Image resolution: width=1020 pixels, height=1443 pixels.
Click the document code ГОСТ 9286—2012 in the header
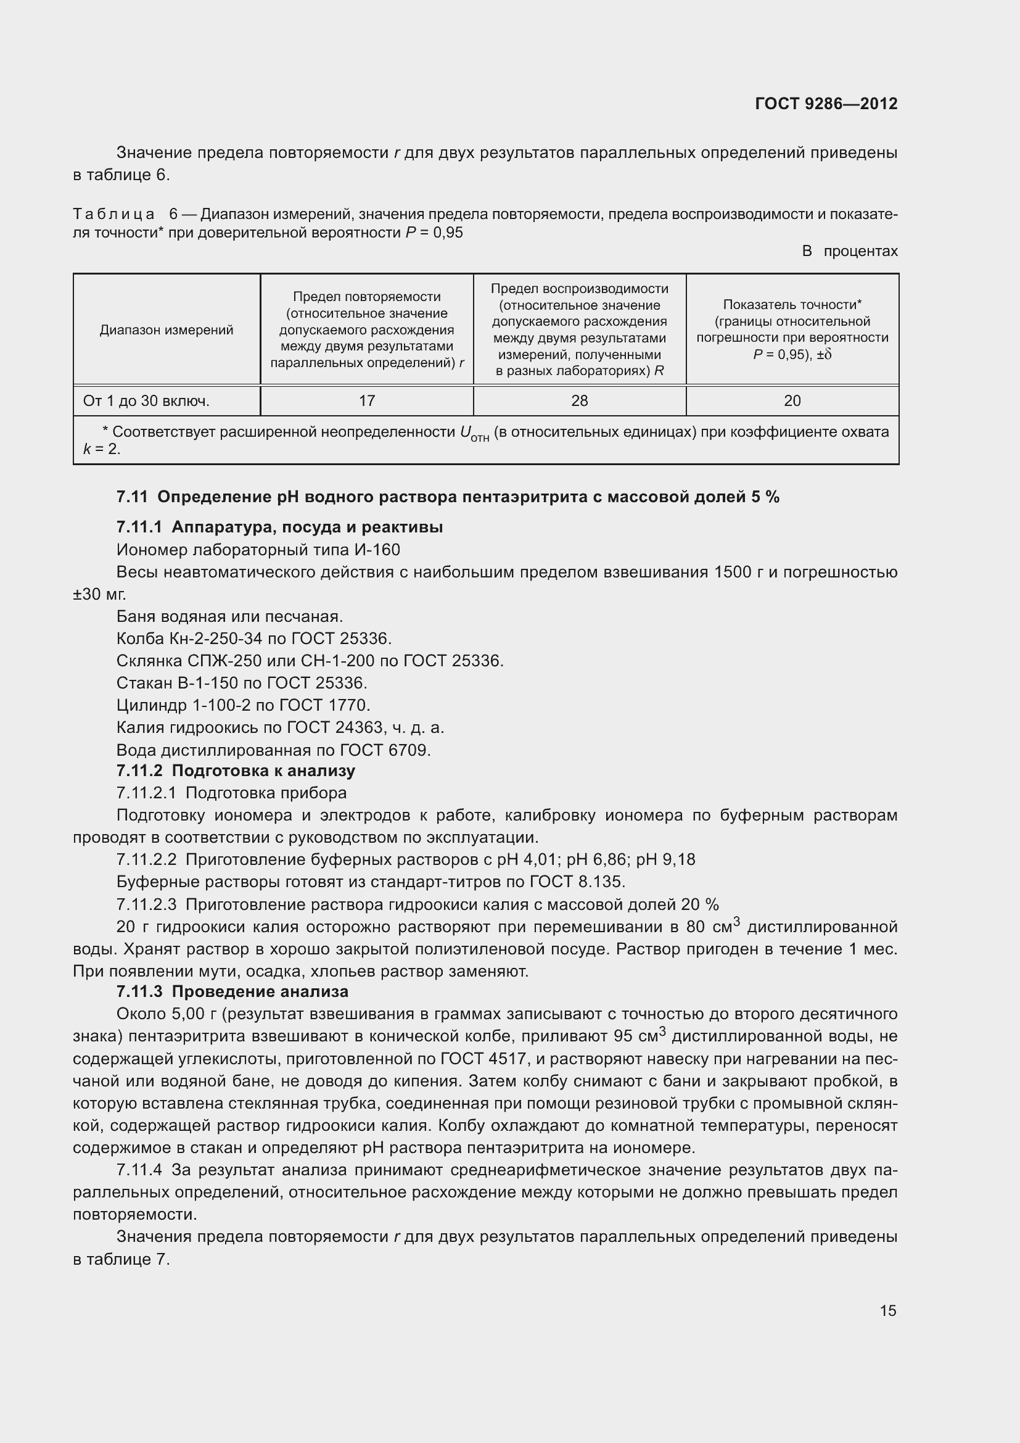click(x=826, y=104)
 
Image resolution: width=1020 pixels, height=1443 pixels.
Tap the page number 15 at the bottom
click(x=887, y=1310)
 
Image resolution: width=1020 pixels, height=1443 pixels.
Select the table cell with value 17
click(x=366, y=401)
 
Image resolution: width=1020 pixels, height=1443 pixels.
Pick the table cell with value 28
click(x=579, y=401)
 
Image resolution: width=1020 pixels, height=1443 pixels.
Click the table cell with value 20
click(x=792, y=401)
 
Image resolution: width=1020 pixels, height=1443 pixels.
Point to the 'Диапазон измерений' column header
click(x=167, y=330)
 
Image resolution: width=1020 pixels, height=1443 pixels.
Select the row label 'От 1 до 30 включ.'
click(x=146, y=401)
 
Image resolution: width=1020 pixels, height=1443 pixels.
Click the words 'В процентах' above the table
click(x=850, y=251)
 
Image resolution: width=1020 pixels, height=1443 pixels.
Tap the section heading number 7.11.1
click(x=139, y=527)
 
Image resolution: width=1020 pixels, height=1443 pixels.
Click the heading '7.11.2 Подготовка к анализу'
click(x=236, y=771)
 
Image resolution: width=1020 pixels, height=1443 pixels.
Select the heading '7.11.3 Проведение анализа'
click(x=232, y=992)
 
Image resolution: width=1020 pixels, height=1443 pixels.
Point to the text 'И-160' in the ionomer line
click(x=377, y=550)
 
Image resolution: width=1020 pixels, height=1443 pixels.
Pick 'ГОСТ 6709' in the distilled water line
click(x=384, y=750)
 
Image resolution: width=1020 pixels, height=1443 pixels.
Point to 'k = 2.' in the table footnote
click(x=101, y=449)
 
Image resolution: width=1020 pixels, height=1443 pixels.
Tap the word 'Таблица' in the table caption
click(x=113, y=214)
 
